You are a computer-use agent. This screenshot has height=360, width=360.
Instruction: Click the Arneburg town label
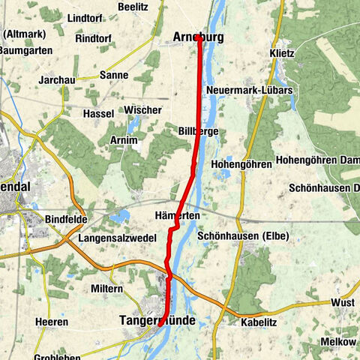pyautogui.click(x=198, y=37)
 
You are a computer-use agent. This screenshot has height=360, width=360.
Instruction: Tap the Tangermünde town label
pyautogui.click(x=157, y=320)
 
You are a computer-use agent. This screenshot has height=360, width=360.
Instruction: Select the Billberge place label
pyautogui.click(x=198, y=131)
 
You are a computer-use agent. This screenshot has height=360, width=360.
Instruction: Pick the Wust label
pyautogui.click(x=342, y=303)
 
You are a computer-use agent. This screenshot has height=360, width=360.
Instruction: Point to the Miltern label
pyautogui.click(x=106, y=289)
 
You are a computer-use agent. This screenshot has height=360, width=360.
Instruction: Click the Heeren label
pyautogui.click(x=52, y=322)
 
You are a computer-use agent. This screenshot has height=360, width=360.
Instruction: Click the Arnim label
pyautogui.click(x=123, y=140)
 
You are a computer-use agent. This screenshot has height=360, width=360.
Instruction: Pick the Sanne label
pyautogui.click(x=115, y=76)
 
